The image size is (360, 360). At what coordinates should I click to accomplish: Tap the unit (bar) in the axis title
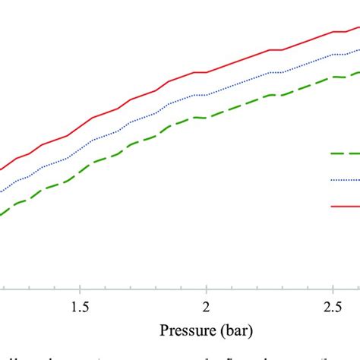(235, 331)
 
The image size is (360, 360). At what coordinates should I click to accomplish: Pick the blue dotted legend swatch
(345, 180)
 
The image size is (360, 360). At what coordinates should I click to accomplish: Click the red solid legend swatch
(345, 205)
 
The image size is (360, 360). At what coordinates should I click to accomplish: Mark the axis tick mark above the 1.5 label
(79, 286)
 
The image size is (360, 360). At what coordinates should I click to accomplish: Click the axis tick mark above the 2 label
(206, 286)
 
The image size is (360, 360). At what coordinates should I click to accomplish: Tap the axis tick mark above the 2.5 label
(333, 286)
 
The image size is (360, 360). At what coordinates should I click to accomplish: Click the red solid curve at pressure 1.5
(79, 127)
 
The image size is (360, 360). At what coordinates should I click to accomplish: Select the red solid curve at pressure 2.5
(333, 32)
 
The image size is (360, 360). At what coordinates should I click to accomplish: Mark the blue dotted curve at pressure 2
(206, 95)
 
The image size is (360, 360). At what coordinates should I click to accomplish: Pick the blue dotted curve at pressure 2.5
(333, 55)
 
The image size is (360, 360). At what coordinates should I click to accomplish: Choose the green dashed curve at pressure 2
(206, 118)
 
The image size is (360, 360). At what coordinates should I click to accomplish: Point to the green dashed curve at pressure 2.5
(333, 77)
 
